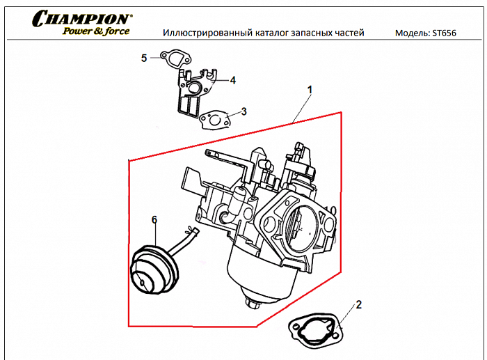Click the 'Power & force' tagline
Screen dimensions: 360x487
point(95,32)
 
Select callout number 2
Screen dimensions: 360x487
point(359,304)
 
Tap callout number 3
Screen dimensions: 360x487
point(243,111)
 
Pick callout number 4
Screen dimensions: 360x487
point(232,81)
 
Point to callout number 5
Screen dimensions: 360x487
point(144,58)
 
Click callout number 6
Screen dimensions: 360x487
point(154,220)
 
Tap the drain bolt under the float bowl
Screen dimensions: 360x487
point(253,304)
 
